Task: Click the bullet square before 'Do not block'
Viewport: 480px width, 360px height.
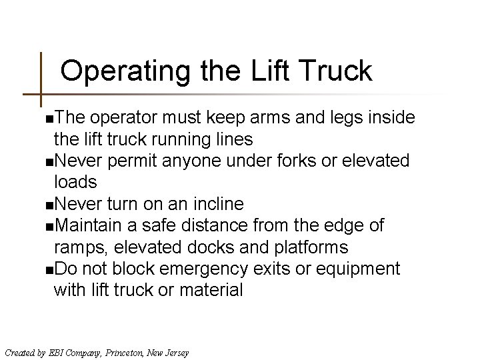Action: point(43,270)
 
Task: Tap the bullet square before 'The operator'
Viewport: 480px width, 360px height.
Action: point(43,119)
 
